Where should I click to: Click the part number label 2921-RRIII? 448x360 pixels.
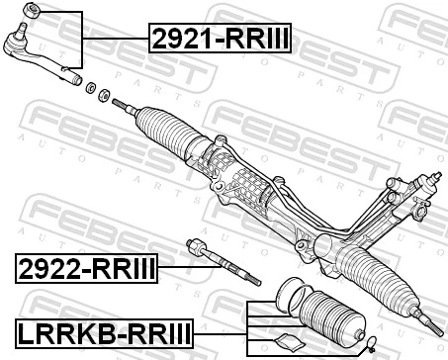tap(223, 40)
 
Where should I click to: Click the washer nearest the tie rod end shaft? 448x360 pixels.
tap(91, 87)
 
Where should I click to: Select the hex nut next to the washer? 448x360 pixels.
tap(103, 93)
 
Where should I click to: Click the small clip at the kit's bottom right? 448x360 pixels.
tap(368, 344)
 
